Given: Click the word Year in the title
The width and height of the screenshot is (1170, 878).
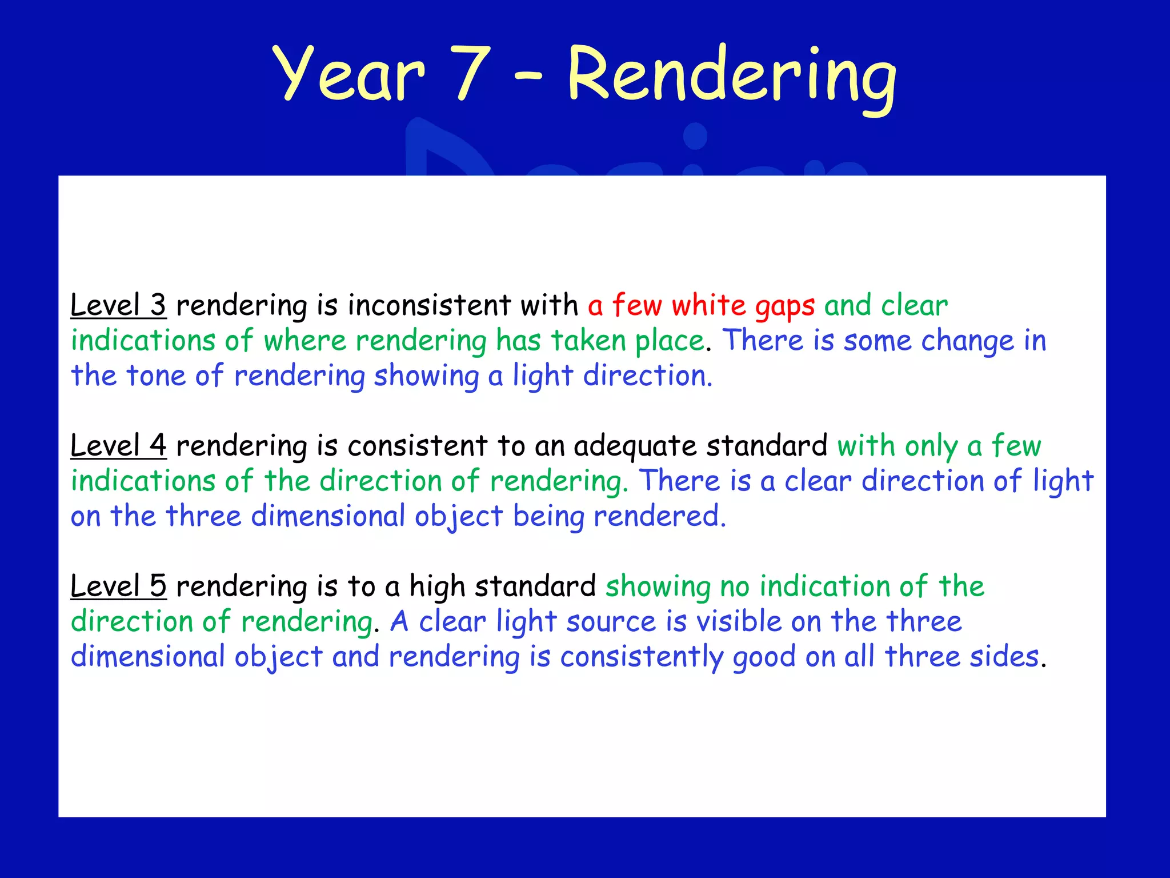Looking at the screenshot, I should click(349, 74).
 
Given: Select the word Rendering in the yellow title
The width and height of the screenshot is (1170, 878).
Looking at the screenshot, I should click(732, 77).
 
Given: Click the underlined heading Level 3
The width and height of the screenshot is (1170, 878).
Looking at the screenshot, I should click(118, 305).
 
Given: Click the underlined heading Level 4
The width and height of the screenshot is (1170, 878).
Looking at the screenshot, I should click(118, 445).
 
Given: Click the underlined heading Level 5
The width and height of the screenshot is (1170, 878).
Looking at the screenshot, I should click(118, 586).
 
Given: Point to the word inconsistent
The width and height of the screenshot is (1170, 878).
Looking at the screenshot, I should click(429, 305).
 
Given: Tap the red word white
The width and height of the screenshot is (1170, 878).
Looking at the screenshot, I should click(708, 305).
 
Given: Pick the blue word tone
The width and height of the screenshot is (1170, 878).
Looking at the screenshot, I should click(155, 376).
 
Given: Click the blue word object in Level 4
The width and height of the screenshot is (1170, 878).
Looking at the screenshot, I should click(458, 517).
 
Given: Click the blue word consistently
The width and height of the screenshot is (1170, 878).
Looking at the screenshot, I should click(642, 657).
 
